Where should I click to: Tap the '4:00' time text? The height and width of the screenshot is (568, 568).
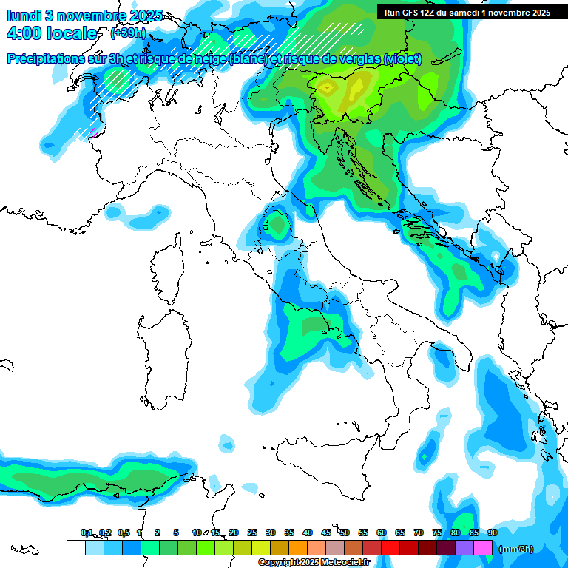24,33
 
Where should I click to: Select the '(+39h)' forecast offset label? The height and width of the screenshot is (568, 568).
128,33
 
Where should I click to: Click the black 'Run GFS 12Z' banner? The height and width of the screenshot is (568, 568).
467,13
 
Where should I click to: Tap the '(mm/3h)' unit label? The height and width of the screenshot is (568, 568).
516,549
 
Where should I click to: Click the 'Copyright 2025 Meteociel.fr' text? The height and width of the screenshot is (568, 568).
314,563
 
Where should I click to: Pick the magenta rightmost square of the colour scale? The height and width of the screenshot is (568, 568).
483,547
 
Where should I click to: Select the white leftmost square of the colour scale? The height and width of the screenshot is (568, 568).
76,547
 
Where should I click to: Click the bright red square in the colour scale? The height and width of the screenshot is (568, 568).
390,547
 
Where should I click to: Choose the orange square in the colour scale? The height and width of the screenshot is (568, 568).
298,547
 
